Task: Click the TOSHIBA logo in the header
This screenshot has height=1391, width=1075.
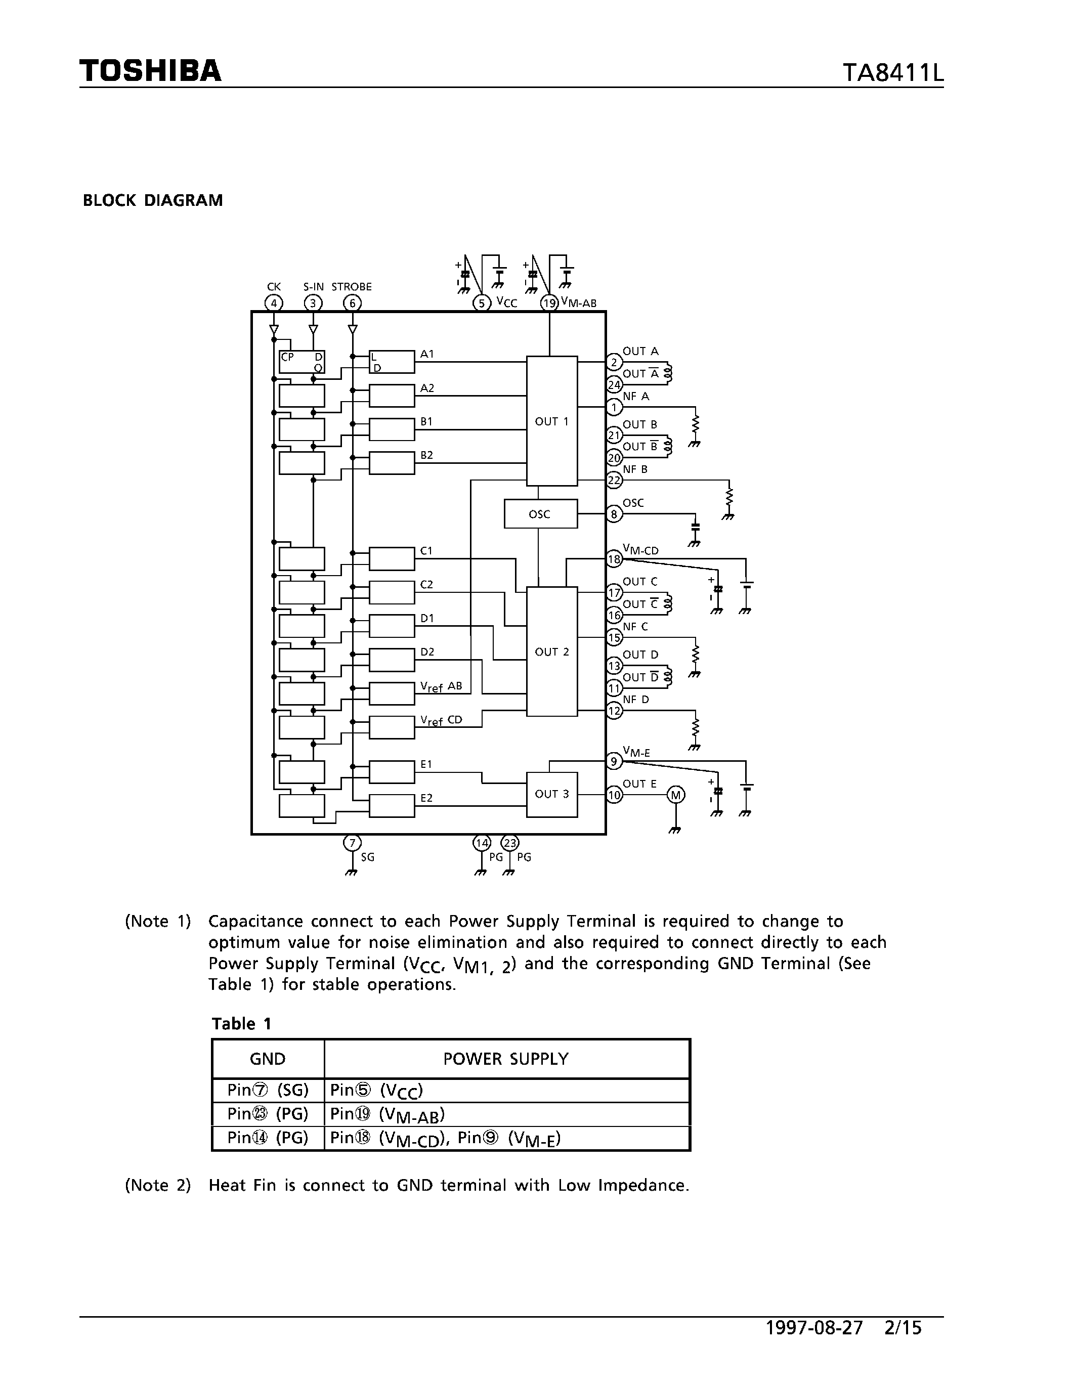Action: pos(150,71)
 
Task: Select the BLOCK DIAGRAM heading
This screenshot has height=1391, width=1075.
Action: pos(153,201)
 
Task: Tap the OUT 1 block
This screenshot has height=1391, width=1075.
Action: pos(551,421)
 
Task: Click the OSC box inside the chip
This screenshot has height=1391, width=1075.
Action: pos(540,514)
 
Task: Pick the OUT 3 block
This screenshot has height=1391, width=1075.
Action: pos(551,794)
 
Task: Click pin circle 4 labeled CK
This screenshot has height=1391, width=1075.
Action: pos(274,303)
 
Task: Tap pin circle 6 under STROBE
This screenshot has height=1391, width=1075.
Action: pos(352,303)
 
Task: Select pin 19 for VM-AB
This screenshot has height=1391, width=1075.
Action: pos(549,303)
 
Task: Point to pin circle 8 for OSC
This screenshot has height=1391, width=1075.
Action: pos(614,514)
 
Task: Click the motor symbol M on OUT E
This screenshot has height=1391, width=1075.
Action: pos(676,795)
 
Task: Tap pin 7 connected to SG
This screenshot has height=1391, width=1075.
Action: pos(352,843)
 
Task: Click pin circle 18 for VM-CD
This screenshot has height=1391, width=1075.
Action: pos(614,559)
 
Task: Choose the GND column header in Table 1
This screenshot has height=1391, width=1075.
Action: pos(268,1059)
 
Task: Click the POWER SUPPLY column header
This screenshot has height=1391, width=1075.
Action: pos(506,1059)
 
